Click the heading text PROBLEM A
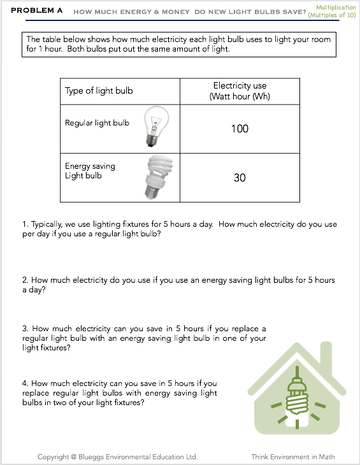36,10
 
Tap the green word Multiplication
336,8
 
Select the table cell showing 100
240,129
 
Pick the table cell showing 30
240,178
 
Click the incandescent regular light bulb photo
156,126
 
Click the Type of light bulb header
99,90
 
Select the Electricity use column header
240,90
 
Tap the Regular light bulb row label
97,123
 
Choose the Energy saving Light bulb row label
90,171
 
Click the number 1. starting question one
25,224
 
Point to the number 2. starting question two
25,280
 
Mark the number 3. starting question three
25,329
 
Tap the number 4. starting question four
25,383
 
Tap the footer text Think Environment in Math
293,457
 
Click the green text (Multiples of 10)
332,15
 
